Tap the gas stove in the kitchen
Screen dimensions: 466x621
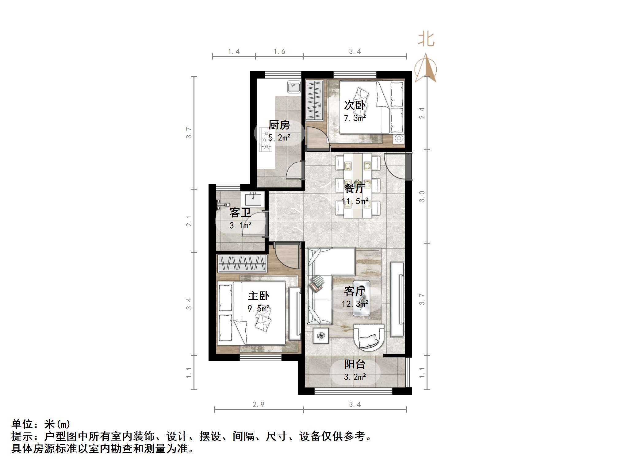click(x=266, y=140)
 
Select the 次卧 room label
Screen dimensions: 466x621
click(x=355, y=106)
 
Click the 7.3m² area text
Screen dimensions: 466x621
click(x=355, y=118)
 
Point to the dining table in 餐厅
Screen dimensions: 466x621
click(x=358, y=186)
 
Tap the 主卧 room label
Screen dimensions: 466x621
click(x=259, y=296)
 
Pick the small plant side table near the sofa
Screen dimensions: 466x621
click(x=321, y=336)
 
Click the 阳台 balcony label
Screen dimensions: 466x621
click(x=355, y=364)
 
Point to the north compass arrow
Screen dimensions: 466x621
click(x=426, y=68)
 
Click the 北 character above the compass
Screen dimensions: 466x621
click(x=426, y=40)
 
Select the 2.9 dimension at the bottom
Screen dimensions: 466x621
click(x=258, y=405)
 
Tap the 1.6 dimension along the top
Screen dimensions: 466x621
click(x=279, y=52)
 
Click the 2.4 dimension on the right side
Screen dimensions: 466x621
click(x=422, y=113)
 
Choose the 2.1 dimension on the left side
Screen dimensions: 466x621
click(x=189, y=221)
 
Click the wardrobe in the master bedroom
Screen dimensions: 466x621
click(x=242, y=263)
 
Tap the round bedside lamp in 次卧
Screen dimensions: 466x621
click(x=399, y=138)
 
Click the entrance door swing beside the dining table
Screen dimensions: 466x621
click(x=395, y=167)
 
